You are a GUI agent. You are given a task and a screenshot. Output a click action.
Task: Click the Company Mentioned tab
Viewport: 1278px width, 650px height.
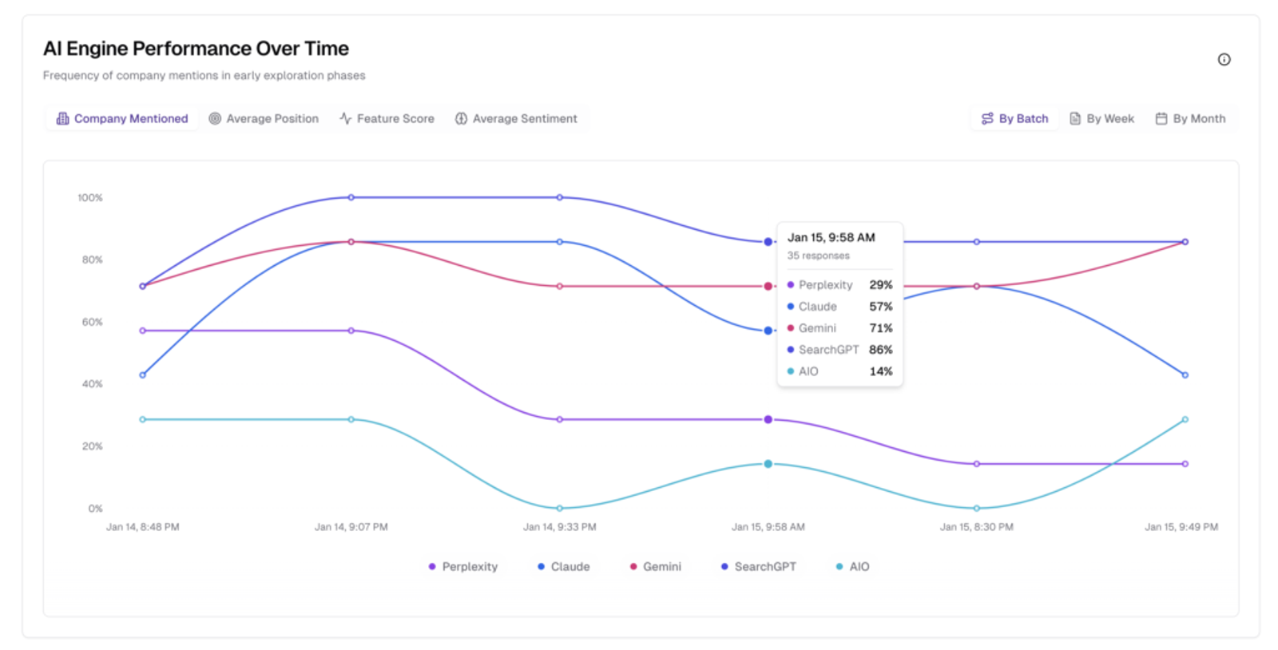point(122,118)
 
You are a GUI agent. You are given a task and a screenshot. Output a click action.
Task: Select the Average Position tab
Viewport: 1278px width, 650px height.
point(264,118)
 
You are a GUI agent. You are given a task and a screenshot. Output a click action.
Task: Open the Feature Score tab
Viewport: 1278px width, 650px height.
point(387,118)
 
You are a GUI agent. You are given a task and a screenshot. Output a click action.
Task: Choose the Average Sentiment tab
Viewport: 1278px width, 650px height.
point(516,118)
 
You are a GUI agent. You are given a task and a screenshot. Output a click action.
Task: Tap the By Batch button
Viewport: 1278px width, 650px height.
point(1014,118)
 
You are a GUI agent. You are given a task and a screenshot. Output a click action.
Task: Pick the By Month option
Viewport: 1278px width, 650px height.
point(1190,118)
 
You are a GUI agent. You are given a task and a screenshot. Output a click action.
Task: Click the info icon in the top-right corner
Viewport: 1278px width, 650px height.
point(1224,59)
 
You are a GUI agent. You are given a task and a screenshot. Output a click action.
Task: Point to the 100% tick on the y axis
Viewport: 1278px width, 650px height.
point(90,197)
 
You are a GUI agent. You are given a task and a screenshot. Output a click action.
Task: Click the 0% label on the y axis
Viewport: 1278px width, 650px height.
point(95,508)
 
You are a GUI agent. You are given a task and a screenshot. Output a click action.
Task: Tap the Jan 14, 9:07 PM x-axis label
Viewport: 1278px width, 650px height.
point(351,527)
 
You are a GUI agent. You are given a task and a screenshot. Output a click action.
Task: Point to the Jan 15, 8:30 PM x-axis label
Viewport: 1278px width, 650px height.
point(976,527)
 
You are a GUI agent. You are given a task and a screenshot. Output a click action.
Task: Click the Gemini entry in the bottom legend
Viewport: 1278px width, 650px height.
point(655,566)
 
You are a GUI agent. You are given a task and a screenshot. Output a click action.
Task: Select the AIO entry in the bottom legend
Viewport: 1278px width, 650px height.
point(852,566)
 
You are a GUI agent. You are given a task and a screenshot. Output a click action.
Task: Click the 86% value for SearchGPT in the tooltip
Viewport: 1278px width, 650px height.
point(880,350)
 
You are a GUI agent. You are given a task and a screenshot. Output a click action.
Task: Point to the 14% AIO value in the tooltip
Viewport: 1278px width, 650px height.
point(880,371)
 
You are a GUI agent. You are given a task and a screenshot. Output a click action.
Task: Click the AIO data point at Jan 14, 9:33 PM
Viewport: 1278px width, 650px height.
point(559,508)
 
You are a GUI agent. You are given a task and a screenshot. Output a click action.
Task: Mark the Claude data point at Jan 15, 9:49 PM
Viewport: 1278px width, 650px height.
point(1185,375)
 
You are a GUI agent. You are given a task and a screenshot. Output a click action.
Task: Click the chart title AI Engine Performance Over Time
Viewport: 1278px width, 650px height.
point(196,49)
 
